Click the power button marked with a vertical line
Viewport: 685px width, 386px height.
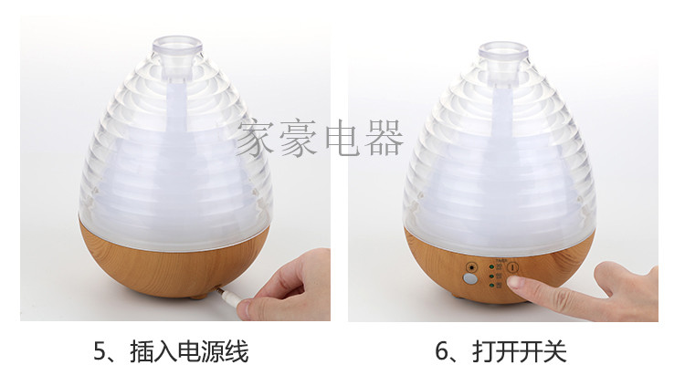pyautogui.click(x=513, y=267)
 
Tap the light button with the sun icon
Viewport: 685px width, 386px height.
pyautogui.click(x=471, y=267)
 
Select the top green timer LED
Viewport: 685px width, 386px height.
pyautogui.click(x=492, y=266)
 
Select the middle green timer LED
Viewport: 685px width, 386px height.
pyautogui.click(x=492, y=276)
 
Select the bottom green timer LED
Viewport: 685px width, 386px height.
pyautogui.click(x=492, y=286)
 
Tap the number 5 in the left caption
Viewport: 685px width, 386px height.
pyautogui.click(x=100, y=351)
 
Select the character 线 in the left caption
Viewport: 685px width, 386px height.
pyautogui.click(x=237, y=351)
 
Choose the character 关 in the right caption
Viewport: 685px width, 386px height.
pyautogui.click(x=554, y=351)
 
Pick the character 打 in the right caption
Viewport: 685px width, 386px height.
pyautogui.click(x=483, y=351)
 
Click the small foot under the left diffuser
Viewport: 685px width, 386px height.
pyautogui.click(x=199, y=297)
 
